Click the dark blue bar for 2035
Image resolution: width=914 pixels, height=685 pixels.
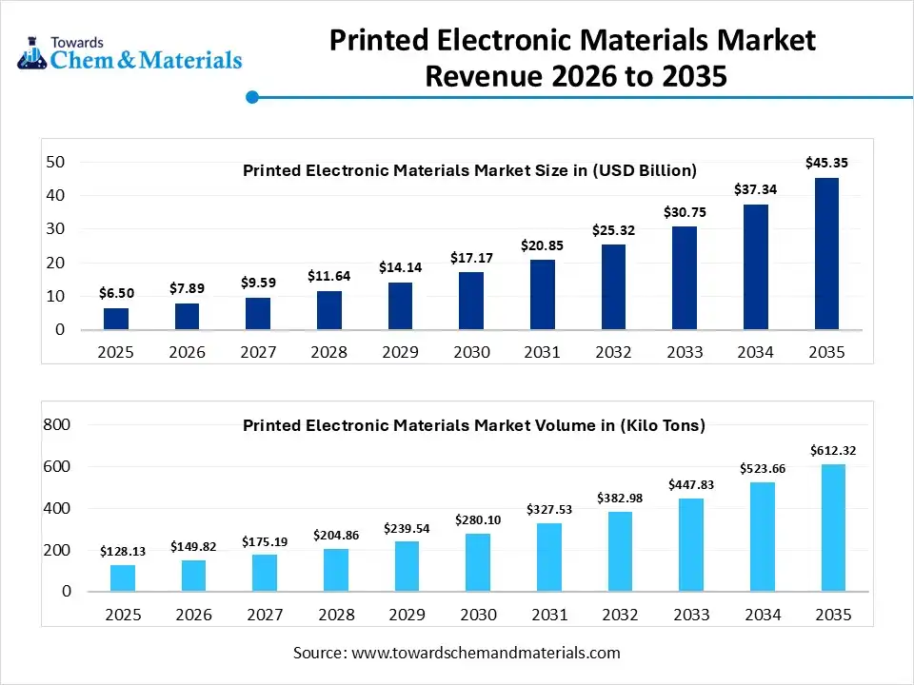click(x=826, y=254)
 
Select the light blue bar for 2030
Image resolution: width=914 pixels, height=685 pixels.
click(x=478, y=562)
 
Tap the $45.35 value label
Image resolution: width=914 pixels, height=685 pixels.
click(x=826, y=163)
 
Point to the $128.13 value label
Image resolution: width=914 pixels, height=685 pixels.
click(x=122, y=551)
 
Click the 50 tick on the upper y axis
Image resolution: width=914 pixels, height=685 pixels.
click(x=55, y=162)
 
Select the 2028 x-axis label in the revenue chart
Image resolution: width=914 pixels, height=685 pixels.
click(x=329, y=352)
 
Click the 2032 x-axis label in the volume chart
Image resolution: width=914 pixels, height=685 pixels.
click(x=619, y=615)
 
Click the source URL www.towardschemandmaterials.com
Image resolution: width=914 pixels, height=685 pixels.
click(x=486, y=653)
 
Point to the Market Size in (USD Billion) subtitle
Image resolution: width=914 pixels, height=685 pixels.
click(x=470, y=170)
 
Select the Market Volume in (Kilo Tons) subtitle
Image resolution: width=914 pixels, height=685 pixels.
click(x=473, y=425)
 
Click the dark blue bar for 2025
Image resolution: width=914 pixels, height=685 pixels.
click(x=116, y=319)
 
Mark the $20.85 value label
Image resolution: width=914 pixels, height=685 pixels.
click(x=542, y=245)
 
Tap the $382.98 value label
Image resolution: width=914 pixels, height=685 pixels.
click(x=619, y=498)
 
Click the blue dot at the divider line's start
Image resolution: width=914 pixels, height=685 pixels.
click(x=252, y=97)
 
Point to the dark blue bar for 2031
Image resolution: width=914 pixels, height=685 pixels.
click(x=542, y=295)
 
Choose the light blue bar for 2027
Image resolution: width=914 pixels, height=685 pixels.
click(x=264, y=573)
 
